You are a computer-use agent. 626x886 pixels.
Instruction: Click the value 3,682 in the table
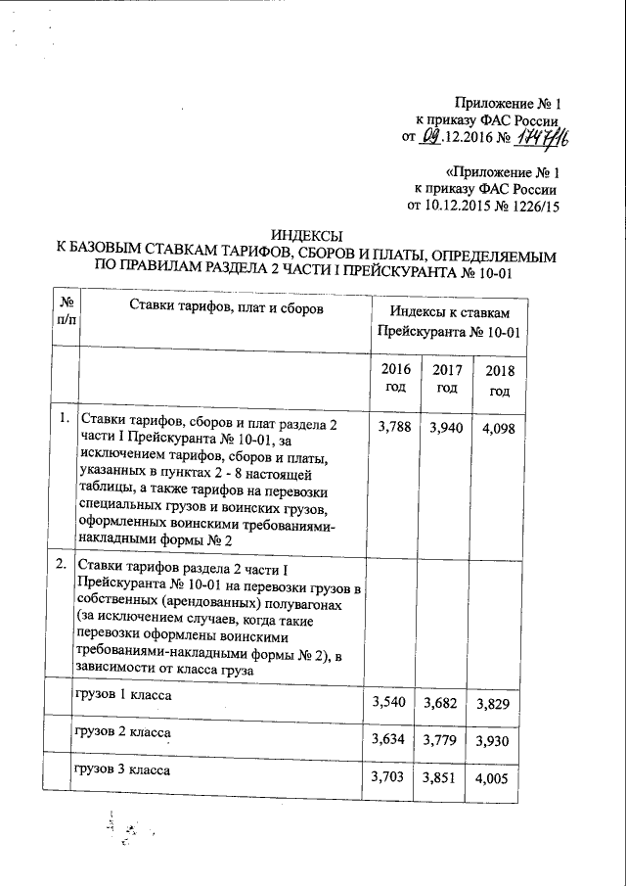click(x=444, y=703)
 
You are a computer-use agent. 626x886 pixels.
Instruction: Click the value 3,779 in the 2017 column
click(x=444, y=740)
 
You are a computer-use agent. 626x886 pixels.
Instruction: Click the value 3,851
click(x=444, y=777)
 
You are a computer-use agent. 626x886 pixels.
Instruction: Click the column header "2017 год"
click(x=446, y=379)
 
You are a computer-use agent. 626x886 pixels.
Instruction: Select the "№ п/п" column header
click(x=67, y=314)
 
